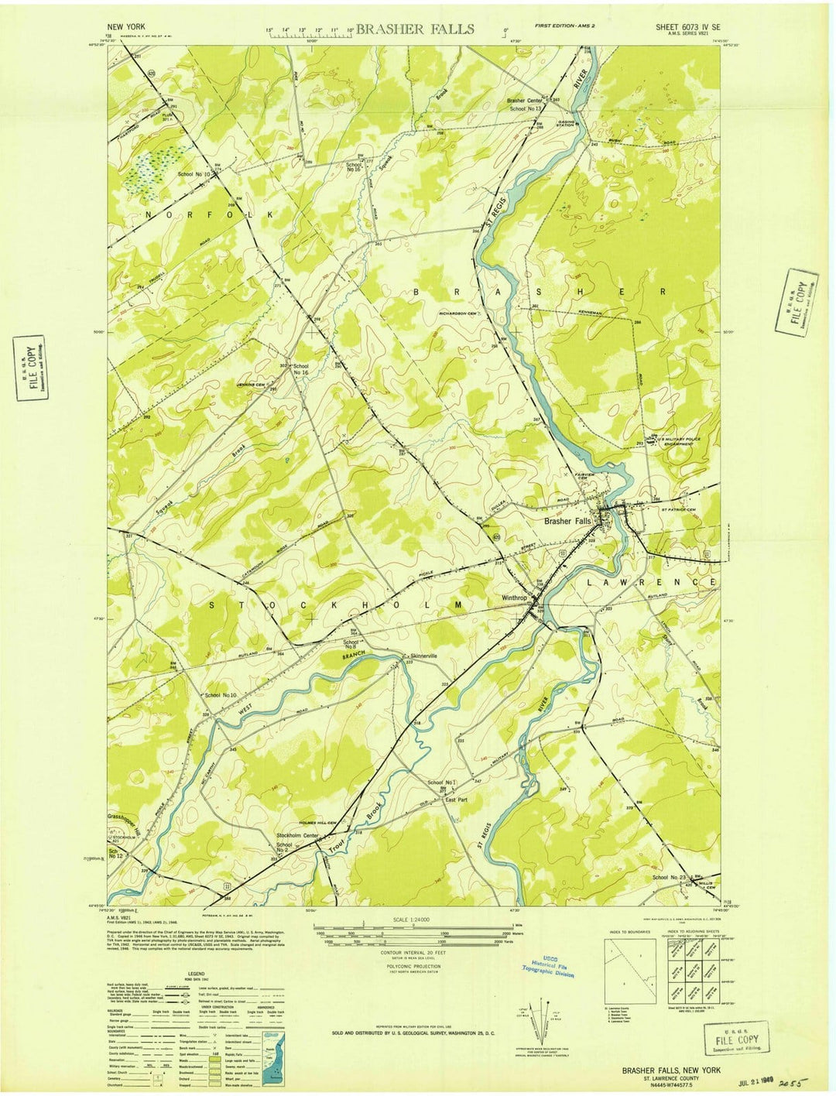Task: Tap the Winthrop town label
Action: coord(514,598)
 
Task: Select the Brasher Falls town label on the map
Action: coord(567,522)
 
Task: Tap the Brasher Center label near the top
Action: coord(525,101)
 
